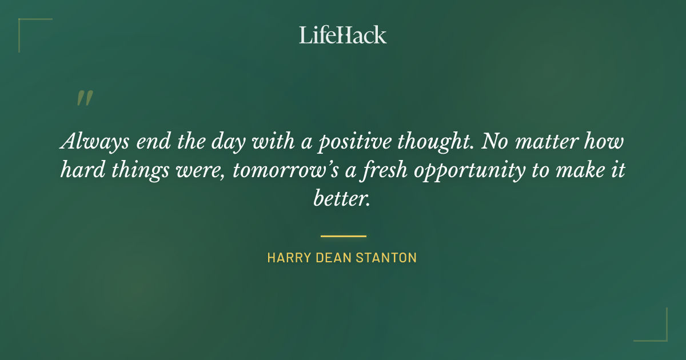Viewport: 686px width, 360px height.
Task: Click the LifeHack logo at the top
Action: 342,35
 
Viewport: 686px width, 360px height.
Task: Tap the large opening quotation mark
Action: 84,99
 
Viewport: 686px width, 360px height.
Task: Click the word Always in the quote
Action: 93,141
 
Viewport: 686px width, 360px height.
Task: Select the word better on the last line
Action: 342,199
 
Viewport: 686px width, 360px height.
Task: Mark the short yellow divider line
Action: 343,235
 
